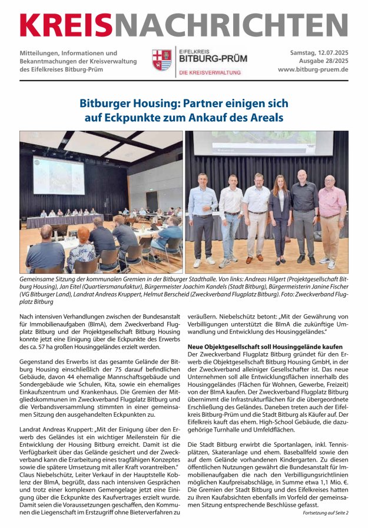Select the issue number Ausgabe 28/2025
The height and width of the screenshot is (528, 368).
(x=321, y=61)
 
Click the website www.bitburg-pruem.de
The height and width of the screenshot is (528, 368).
(x=312, y=69)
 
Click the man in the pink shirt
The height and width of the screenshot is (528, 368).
(x=331, y=218)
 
